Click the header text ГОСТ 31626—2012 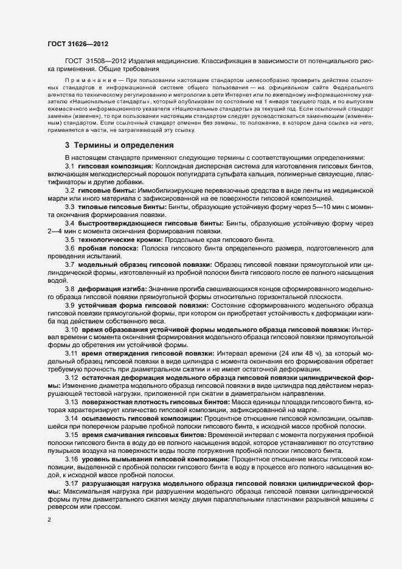[x=74, y=44]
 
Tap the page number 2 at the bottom [x=49, y=520]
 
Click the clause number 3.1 [x=69, y=166]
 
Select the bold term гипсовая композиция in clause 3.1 [x=115, y=166]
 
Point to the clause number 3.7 [x=69, y=264]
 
